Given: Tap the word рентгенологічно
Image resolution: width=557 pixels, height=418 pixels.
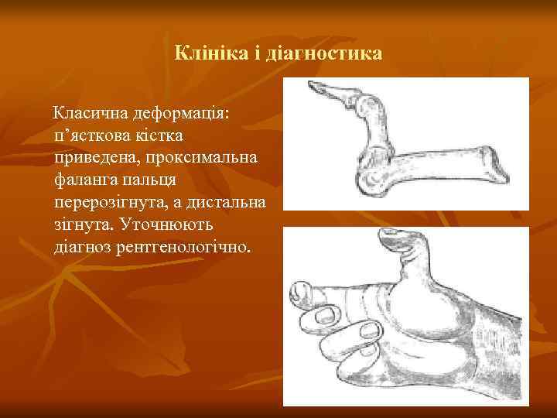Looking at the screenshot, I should click(185, 248).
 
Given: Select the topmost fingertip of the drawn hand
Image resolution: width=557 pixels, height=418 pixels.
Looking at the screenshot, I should click(299, 293).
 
